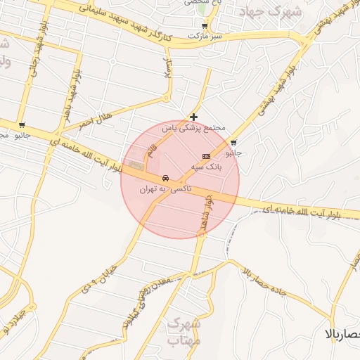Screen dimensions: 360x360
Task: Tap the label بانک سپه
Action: tap(206, 168)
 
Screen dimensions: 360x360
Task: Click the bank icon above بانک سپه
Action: tap(206, 156)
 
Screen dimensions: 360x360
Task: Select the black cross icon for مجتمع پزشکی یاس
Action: tap(193, 117)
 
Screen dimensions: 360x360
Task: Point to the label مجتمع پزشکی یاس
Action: tap(193, 129)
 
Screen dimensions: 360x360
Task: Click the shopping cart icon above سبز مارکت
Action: tap(204, 25)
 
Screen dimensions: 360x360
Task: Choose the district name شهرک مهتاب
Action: tap(184, 333)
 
